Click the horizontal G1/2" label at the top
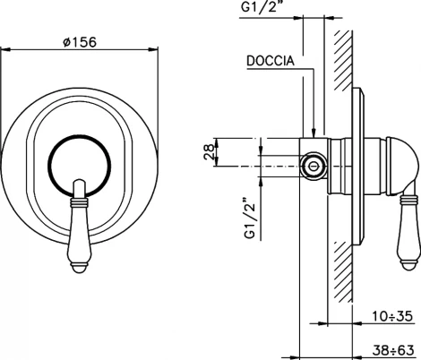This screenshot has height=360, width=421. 263,8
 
